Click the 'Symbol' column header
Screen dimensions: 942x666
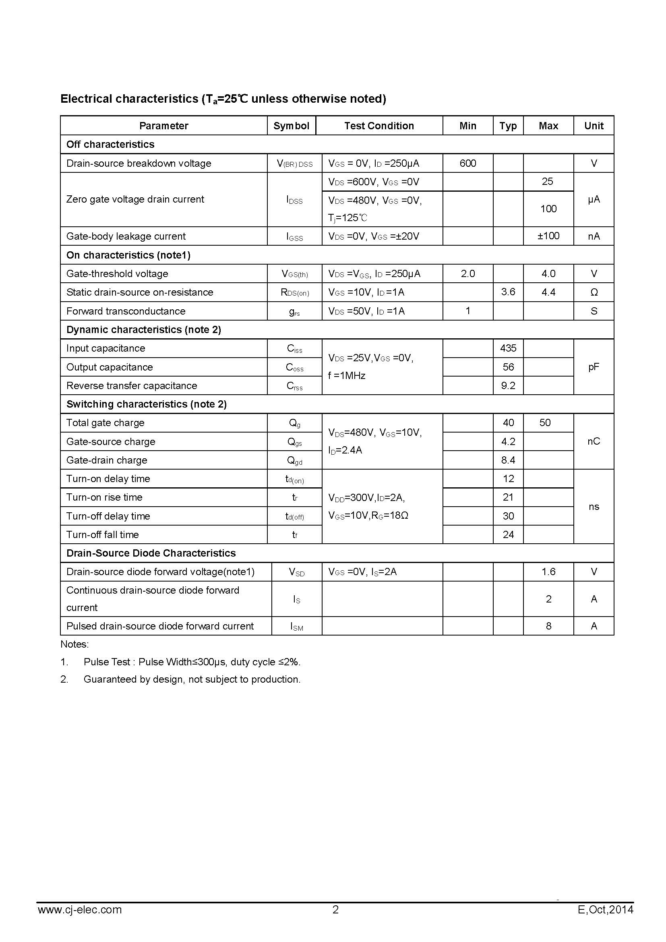point(291,126)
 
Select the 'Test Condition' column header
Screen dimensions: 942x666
point(379,126)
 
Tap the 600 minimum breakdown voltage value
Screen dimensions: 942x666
point(467,163)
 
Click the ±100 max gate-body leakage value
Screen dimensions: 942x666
point(548,236)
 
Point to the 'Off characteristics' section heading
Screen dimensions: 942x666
point(110,145)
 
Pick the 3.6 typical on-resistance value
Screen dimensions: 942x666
point(508,292)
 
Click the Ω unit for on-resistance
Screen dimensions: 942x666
point(594,292)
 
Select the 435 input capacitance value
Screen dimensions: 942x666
point(508,348)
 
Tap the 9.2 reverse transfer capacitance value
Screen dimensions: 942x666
point(508,386)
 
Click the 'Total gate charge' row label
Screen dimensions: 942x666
point(105,423)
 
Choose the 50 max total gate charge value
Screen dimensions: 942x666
point(545,423)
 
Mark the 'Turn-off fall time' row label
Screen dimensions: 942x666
point(103,534)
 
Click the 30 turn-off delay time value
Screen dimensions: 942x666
point(508,516)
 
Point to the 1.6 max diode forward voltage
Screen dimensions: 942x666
point(548,572)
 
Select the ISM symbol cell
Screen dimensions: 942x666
point(296,627)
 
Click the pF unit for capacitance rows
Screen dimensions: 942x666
point(594,367)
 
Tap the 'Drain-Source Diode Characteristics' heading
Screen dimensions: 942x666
point(151,553)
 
